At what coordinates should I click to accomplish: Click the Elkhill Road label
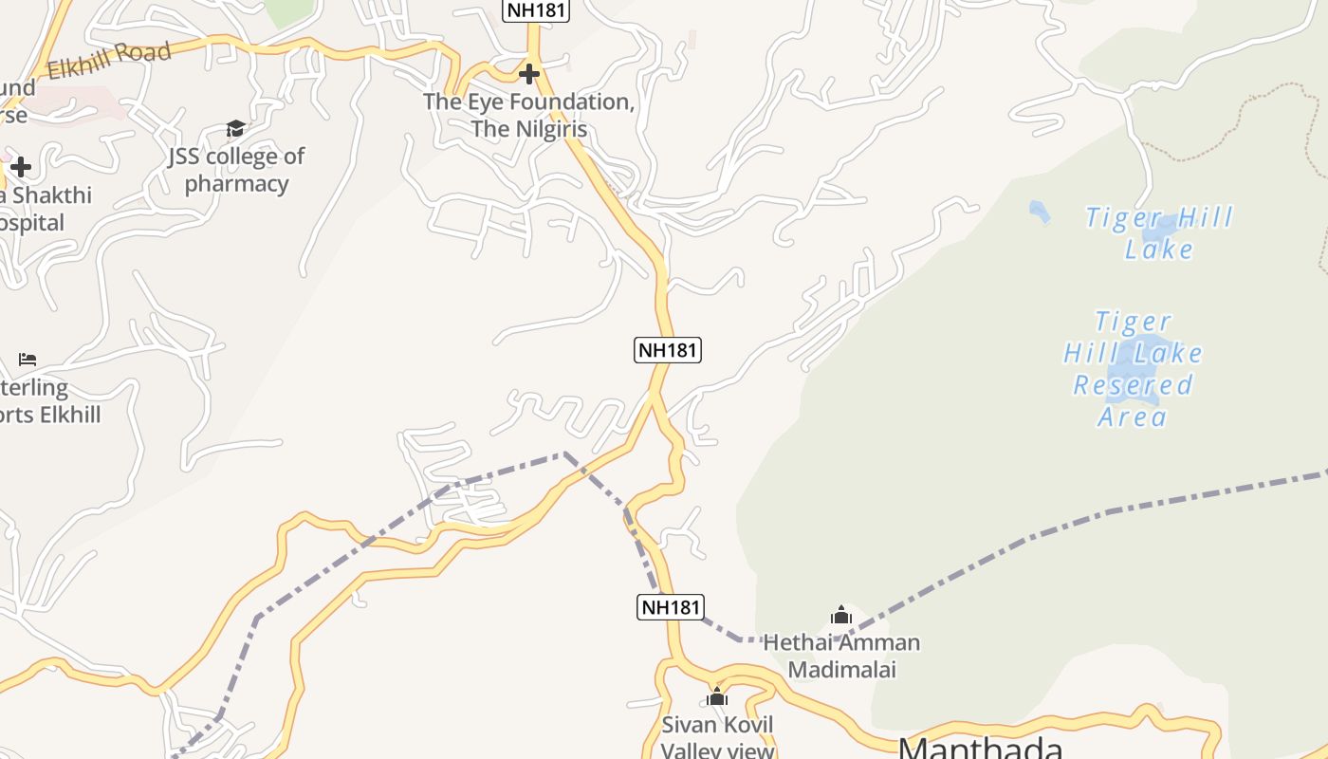coord(109,61)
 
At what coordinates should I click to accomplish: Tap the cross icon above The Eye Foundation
coord(529,73)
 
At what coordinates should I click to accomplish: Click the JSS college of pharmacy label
coord(236,169)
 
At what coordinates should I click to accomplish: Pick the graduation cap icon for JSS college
coord(235,128)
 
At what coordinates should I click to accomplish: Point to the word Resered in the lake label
coord(1133,385)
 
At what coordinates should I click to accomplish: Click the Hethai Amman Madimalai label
coord(841,656)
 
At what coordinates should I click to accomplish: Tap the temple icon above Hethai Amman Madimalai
coord(841,616)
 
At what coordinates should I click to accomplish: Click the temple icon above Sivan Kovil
coord(717,697)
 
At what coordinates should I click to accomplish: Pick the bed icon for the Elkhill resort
coord(28,360)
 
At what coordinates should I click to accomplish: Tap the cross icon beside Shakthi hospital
coord(20,168)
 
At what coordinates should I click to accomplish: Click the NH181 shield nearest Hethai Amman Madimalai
coord(671,607)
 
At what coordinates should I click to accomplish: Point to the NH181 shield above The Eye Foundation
coord(536,10)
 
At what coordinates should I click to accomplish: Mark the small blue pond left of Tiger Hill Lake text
coord(1040,212)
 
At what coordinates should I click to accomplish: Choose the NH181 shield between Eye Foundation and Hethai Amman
coord(668,349)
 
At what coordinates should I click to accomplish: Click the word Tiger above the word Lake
coord(1122,218)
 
